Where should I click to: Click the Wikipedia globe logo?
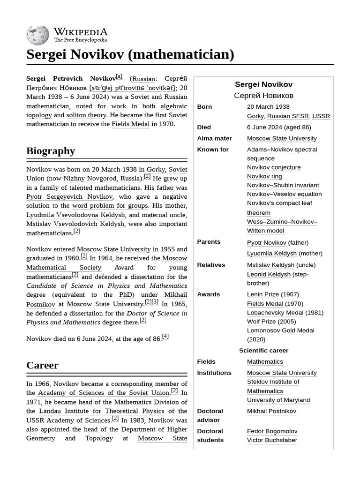pos(38,35)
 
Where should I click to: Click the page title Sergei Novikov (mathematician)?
pos(130,54)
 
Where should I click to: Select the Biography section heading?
pos(51,151)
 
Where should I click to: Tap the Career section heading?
pos(42,365)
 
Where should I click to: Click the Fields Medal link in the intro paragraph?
pos(130,124)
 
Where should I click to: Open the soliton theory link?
pos(86,115)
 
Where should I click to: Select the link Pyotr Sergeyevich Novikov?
pos(69,197)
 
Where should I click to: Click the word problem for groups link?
pos(110,206)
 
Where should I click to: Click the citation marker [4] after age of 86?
pos(165,337)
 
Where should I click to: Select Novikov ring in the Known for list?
pos(264,176)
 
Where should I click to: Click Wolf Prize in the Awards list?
pos(261,322)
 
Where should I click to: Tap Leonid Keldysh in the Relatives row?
pos(269,274)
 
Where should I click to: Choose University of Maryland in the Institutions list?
pos(278,400)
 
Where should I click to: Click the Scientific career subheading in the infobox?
pos(263,351)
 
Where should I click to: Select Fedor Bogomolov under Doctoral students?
pos(272,431)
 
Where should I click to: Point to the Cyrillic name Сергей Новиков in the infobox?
pos(263,96)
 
